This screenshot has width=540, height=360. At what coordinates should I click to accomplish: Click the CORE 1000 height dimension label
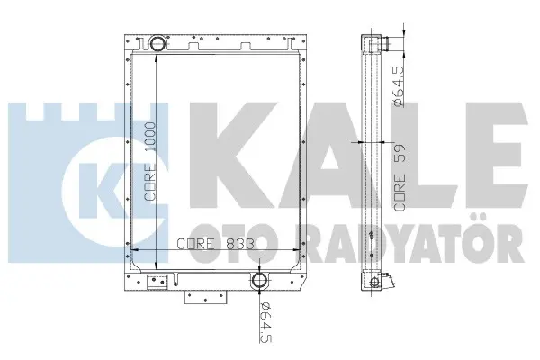point(150,161)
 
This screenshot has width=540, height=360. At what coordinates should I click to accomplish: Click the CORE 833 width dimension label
point(216,244)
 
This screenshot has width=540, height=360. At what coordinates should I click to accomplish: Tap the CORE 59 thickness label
point(400,178)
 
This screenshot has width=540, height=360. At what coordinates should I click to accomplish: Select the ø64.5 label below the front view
point(266,322)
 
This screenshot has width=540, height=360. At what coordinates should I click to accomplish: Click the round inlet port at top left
point(157,43)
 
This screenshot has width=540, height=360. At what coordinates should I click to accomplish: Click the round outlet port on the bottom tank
point(259,281)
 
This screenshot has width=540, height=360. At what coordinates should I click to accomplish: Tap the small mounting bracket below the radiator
point(205,297)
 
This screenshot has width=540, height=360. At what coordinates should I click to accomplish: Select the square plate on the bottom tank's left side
point(157,282)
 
